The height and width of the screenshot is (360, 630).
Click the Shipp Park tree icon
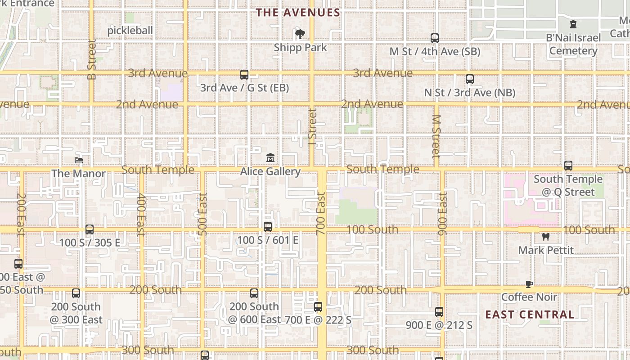tap(300, 34)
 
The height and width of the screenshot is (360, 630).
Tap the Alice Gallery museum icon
tap(270, 158)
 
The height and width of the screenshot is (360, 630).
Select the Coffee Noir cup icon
tap(529, 284)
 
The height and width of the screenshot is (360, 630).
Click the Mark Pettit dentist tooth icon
tap(546, 237)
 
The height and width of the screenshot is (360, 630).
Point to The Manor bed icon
tap(79, 160)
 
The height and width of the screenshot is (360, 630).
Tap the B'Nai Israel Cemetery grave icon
tap(573, 24)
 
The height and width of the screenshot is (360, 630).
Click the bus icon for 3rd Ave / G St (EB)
tap(244, 74)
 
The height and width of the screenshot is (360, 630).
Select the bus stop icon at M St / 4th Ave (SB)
tap(435, 38)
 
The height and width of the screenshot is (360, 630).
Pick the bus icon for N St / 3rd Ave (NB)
tap(470, 79)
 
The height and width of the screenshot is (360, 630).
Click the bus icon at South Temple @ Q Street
tap(568, 166)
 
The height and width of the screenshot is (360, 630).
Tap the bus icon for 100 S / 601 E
tap(268, 227)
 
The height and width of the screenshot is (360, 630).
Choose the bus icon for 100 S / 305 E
tap(90, 229)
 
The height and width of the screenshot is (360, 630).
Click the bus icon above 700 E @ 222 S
tap(318, 307)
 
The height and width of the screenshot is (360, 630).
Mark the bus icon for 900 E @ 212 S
tap(439, 311)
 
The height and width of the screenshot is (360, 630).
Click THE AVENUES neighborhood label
tap(298, 13)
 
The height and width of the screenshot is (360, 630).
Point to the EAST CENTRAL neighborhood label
tap(530, 315)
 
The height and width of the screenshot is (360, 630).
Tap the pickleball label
tap(130, 30)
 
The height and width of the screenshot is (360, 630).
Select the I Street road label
tap(313, 126)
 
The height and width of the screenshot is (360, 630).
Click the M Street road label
tap(436, 136)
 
